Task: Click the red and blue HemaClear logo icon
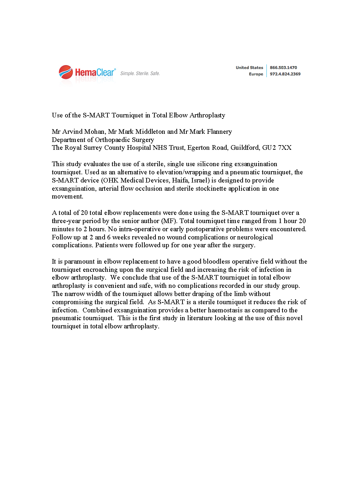[66, 72]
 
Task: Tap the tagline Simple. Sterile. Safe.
[140, 74]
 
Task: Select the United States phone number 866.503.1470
[283, 68]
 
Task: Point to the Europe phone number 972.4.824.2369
[285, 74]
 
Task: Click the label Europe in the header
[256, 74]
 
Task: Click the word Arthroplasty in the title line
[207, 115]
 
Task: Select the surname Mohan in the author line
[95, 132]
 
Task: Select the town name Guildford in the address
[244, 148]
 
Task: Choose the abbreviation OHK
[111, 180]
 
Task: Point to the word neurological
[255, 237]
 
